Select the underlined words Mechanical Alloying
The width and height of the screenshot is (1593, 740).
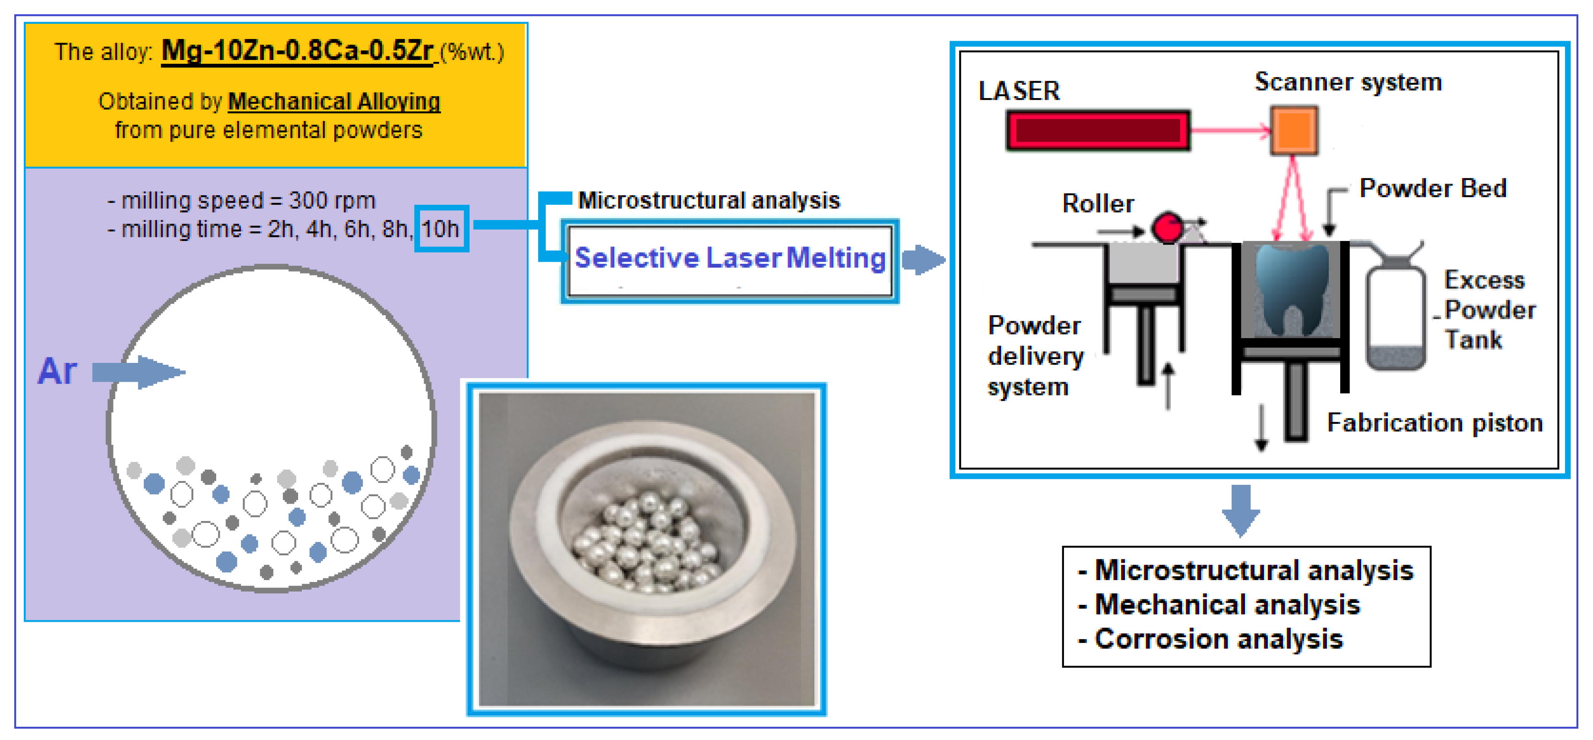334,101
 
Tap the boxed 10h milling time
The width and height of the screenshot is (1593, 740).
440,229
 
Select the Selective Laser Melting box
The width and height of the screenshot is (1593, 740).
730,260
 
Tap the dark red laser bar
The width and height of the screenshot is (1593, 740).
1098,131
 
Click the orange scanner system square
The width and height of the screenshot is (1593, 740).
1294,131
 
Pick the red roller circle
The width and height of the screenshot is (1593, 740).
1167,228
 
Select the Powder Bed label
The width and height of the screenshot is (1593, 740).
1432,188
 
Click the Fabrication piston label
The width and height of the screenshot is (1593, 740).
1434,422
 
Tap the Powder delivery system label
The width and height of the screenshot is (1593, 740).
1035,356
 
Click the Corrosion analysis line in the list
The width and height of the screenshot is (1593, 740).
1218,639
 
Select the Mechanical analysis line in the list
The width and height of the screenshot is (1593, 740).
1227,604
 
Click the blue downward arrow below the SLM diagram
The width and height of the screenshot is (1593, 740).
1240,510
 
